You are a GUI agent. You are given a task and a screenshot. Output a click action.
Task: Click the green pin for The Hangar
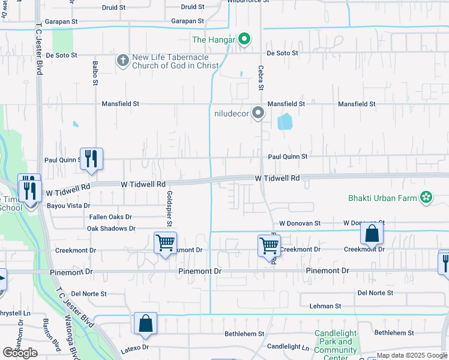tap(244, 40)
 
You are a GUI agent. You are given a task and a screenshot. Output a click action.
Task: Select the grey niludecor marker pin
tap(258, 113)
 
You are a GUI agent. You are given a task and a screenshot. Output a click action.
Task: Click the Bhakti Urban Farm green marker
tap(426, 197)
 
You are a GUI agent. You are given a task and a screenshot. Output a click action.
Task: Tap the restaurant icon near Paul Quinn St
tap(91, 159)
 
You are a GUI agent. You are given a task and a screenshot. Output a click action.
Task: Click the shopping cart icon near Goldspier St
tap(165, 244)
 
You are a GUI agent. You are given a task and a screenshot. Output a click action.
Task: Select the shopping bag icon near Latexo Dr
tap(145, 324)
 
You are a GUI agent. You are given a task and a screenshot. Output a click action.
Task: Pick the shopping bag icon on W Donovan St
tap(372, 234)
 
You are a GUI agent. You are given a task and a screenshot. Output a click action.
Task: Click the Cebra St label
tap(261, 78)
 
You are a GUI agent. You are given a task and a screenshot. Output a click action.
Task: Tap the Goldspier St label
tap(170, 209)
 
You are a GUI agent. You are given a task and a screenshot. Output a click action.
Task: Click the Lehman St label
tap(325, 306)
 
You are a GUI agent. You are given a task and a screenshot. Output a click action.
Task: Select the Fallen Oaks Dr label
tap(110, 217)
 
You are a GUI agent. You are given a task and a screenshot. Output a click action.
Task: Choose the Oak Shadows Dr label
tap(111, 229)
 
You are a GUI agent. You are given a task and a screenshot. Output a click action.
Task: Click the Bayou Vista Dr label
tap(68, 205)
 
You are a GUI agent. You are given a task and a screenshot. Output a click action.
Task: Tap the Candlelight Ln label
tap(288, 347)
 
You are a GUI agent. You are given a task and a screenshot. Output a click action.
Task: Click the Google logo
tap(20, 352)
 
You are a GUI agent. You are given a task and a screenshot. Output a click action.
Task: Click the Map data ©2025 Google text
tap(412, 356)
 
